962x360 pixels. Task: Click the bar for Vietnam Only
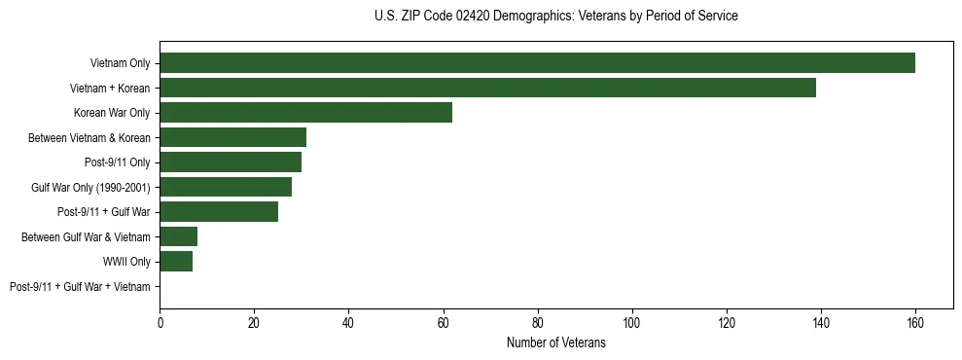point(537,63)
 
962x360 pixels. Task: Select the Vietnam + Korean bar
point(487,88)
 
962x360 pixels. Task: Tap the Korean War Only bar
point(305,113)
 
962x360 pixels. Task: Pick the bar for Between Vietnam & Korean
point(232,137)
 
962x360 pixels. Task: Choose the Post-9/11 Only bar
point(231,162)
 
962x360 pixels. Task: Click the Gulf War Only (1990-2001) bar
point(226,187)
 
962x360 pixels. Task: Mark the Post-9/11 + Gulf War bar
point(219,212)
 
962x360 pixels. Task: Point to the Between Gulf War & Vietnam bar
point(178,236)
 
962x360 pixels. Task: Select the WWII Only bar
point(176,262)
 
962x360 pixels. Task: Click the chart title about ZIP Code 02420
point(555,17)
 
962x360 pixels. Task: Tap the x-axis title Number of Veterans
point(555,342)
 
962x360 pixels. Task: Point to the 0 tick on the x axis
point(160,323)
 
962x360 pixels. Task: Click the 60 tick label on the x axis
point(443,323)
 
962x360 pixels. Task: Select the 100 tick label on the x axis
point(632,323)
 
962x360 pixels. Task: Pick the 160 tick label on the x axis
point(915,323)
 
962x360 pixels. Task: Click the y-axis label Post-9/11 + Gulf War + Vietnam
point(80,287)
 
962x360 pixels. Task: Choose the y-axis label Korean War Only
point(112,113)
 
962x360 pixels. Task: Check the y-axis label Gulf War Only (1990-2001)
point(90,187)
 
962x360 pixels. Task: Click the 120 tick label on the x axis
point(727,323)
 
